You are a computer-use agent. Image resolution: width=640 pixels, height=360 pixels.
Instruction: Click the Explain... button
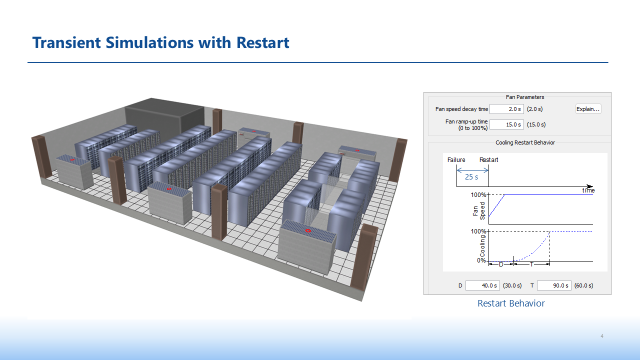click(x=588, y=109)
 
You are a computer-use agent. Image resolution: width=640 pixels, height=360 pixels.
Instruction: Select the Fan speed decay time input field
click(x=506, y=109)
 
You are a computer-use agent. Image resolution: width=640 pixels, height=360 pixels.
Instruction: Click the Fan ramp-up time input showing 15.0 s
click(x=506, y=124)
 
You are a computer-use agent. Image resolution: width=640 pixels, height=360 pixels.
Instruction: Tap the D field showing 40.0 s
click(x=482, y=285)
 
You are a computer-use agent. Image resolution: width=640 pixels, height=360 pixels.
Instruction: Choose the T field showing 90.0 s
click(x=554, y=285)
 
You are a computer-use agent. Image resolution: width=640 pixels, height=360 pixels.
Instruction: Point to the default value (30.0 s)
click(x=512, y=285)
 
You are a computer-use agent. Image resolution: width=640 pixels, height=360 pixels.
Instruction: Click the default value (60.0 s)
click(x=583, y=285)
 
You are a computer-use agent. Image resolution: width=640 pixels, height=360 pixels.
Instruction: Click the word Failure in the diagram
click(x=456, y=159)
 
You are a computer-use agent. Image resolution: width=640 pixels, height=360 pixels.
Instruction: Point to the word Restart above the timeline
click(x=488, y=159)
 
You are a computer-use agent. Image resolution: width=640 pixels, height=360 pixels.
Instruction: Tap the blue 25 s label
click(x=471, y=177)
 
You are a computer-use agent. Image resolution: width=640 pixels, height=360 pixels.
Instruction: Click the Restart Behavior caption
click(x=511, y=303)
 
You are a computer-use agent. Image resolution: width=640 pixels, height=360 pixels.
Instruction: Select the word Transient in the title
click(x=66, y=42)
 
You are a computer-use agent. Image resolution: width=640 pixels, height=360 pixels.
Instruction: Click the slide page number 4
click(x=602, y=336)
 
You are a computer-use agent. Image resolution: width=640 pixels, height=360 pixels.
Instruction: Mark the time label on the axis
click(x=588, y=190)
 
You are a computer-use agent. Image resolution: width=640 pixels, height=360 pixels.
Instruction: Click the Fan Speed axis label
click(x=479, y=211)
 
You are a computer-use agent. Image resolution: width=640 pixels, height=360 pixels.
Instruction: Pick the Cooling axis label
click(x=482, y=246)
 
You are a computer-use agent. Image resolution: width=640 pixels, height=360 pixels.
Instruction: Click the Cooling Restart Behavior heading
click(x=525, y=142)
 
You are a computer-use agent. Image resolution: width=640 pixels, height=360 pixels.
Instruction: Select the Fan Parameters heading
click(x=525, y=97)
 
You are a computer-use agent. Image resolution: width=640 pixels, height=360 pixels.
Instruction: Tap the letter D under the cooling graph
click(x=501, y=264)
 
